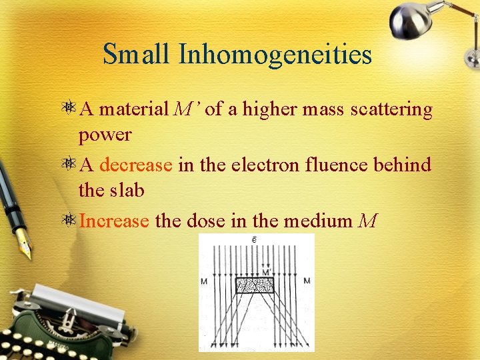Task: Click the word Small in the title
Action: (x=137, y=54)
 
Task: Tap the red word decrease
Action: (x=136, y=164)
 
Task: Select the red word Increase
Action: (x=114, y=219)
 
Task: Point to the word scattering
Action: (x=395, y=109)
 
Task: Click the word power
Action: (x=105, y=135)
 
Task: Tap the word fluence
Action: (x=334, y=164)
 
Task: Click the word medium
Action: (x=319, y=219)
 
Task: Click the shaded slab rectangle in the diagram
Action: (x=254, y=285)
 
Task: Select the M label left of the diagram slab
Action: (x=204, y=281)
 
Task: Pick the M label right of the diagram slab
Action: (x=306, y=281)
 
